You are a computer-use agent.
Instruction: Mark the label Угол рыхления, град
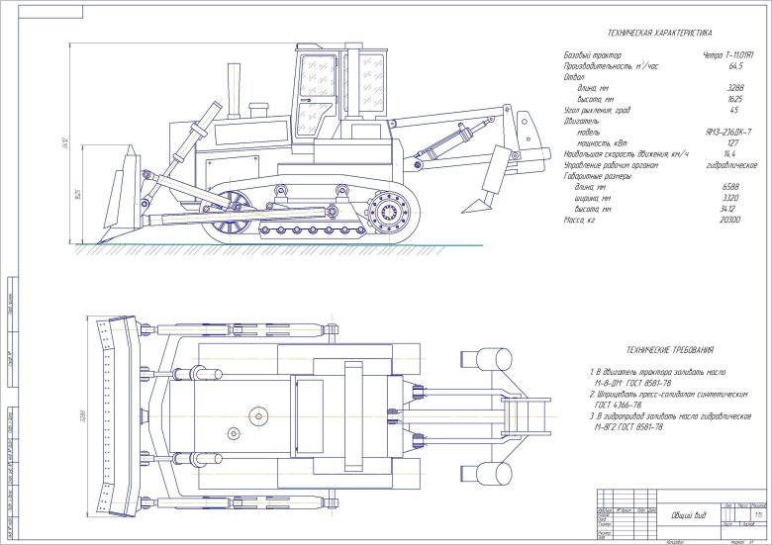tap(597, 110)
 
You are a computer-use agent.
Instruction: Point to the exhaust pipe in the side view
tap(235, 87)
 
